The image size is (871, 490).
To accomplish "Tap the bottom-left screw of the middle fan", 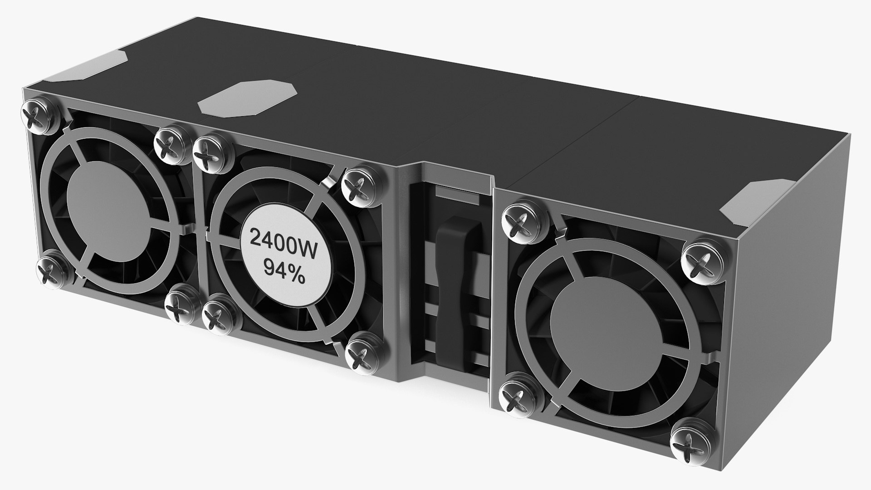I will click(x=219, y=317).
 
